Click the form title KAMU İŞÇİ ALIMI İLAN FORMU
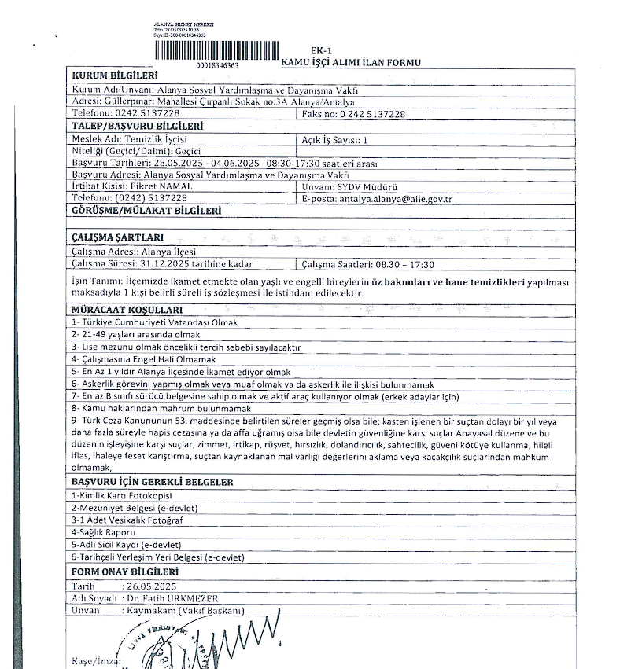(x=351, y=63)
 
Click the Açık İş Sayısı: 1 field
(x=335, y=139)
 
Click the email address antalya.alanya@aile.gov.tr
(x=395, y=199)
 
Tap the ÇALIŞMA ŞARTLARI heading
(x=117, y=237)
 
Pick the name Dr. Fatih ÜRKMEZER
(x=172, y=598)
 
